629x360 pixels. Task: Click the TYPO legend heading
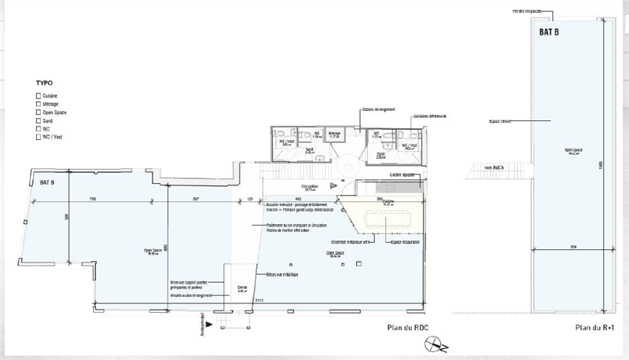point(44,83)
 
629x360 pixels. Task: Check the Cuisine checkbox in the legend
point(39,94)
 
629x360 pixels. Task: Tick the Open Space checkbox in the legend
point(39,112)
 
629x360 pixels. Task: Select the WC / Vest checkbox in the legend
point(39,138)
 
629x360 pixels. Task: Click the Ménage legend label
point(52,103)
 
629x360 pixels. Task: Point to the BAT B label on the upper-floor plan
point(549,33)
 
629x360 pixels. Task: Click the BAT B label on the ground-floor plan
point(47,182)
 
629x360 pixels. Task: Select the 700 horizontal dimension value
point(93,198)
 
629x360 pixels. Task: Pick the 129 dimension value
point(250,198)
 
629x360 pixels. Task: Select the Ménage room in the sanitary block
point(333,135)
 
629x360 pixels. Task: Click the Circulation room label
point(308,188)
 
